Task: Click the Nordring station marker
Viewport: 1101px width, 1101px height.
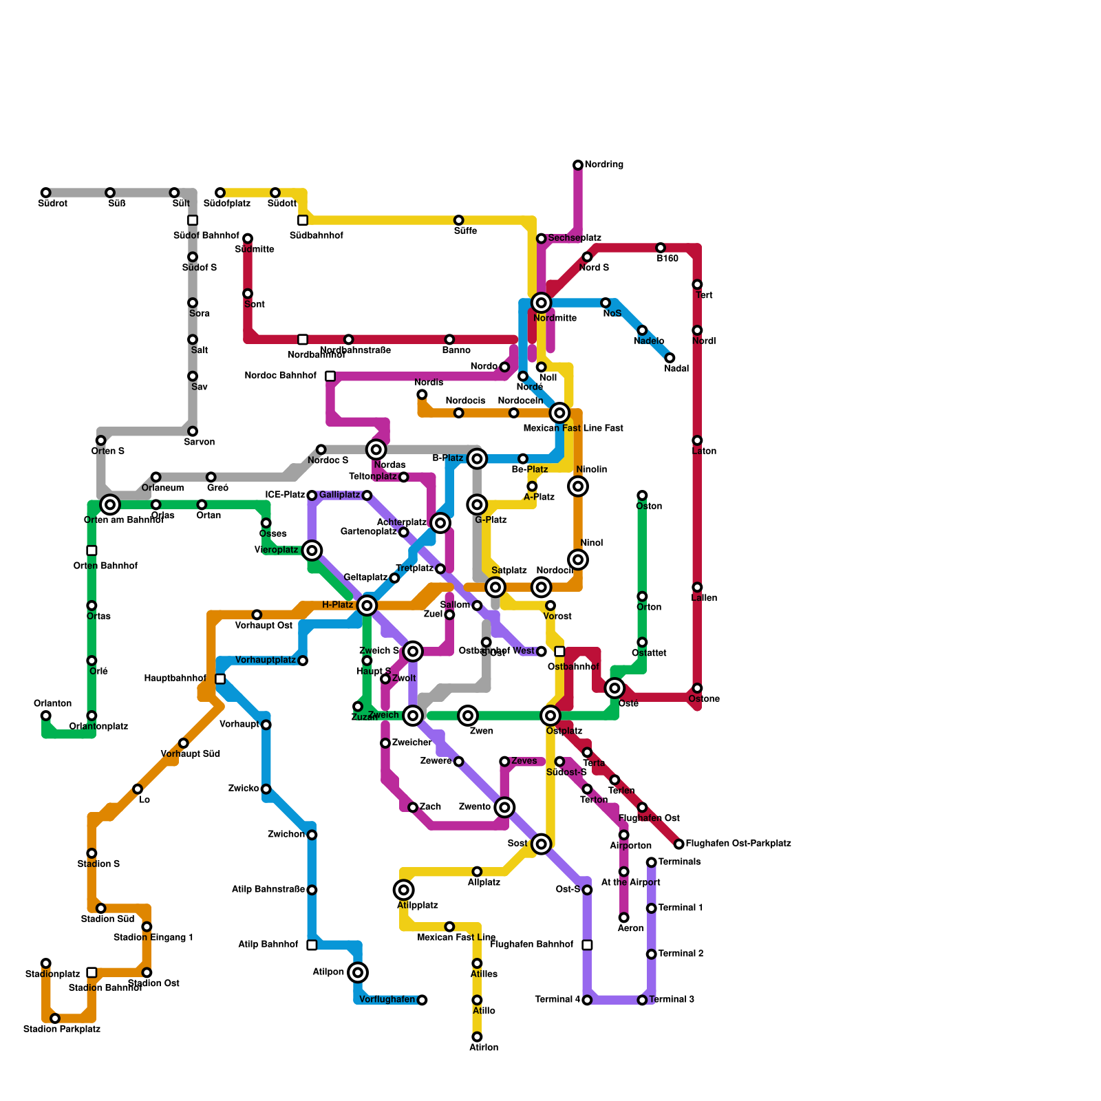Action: click(578, 165)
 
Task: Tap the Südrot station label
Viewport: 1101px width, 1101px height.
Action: click(52, 204)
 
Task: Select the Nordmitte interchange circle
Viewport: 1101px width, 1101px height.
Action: click(542, 303)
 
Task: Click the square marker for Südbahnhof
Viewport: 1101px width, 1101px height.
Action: click(303, 220)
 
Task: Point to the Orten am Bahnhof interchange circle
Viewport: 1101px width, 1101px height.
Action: click(110, 504)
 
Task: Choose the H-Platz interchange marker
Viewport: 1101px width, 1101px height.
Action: click(367, 606)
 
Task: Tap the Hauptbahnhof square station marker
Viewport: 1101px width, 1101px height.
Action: click(220, 679)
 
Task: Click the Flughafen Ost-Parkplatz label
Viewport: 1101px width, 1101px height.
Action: click(738, 844)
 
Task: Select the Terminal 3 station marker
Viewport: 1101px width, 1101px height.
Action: click(642, 1000)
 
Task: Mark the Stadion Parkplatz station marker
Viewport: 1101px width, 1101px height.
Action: click(55, 1018)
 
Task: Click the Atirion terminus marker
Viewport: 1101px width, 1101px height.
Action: click(477, 1037)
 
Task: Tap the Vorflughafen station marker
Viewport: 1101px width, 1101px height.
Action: click(422, 1000)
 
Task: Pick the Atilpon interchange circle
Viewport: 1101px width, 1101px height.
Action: click(358, 972)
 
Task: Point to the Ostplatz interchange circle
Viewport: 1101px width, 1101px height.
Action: click(550, 716)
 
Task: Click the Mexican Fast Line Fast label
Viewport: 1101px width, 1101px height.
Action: click(573, 429)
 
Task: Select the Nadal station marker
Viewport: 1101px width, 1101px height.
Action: click(670, 358)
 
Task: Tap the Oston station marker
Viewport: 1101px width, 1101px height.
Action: click(642, 495)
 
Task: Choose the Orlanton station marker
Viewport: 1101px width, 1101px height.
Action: click(45, 716)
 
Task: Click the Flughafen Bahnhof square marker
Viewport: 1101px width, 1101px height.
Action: click(587, 945)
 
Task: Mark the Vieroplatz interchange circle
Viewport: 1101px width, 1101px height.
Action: click(312, 550)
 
